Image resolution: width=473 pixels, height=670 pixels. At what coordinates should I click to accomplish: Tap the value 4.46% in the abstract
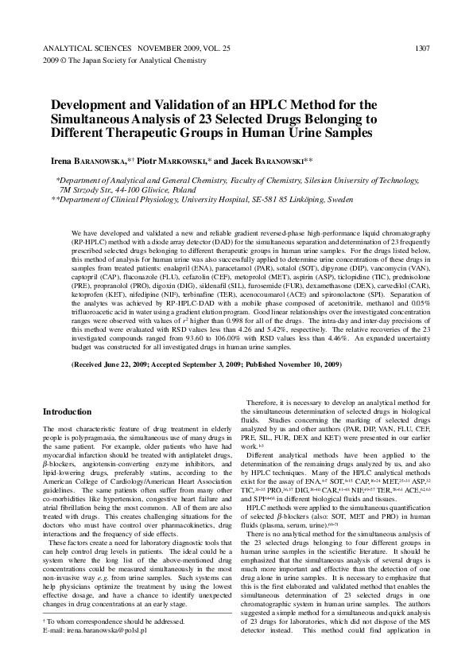pyautogui.click(x=333, y=337)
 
